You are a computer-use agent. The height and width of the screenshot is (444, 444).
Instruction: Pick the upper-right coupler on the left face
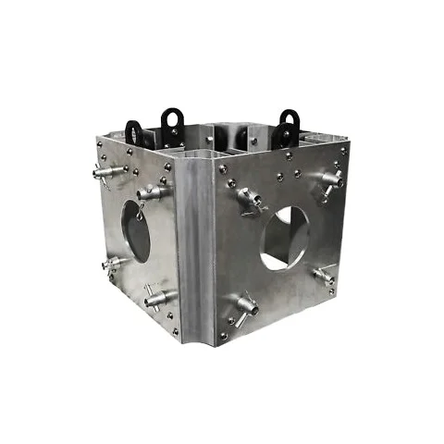(x=154, y=193)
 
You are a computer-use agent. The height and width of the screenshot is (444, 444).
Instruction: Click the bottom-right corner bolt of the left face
(x=173, y=331)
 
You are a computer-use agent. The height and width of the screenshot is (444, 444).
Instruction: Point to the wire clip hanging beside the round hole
(x=140, y=213)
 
